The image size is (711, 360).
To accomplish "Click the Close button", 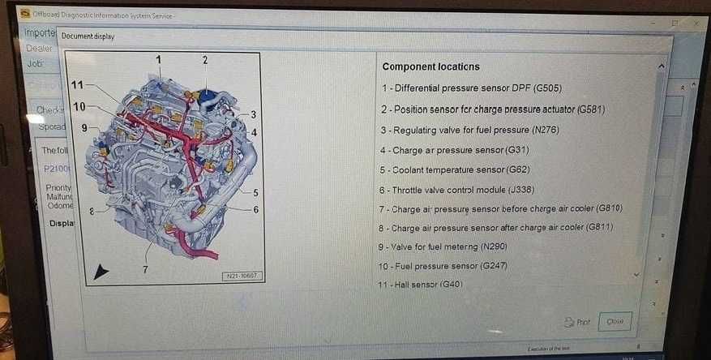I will coord(615,322).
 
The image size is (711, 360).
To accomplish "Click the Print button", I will coord(577,322).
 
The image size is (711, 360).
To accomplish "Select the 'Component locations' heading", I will coord(430,66).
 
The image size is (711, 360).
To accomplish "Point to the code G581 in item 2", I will coord(589,109).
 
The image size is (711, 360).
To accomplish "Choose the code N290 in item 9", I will coord(496,246).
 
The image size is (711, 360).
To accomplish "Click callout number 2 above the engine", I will coord(205,60).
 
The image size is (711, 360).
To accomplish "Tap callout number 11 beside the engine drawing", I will coord(77,84).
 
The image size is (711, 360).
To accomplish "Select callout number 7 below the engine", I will coord(145,269).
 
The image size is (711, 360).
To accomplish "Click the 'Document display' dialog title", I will coord(88,36).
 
